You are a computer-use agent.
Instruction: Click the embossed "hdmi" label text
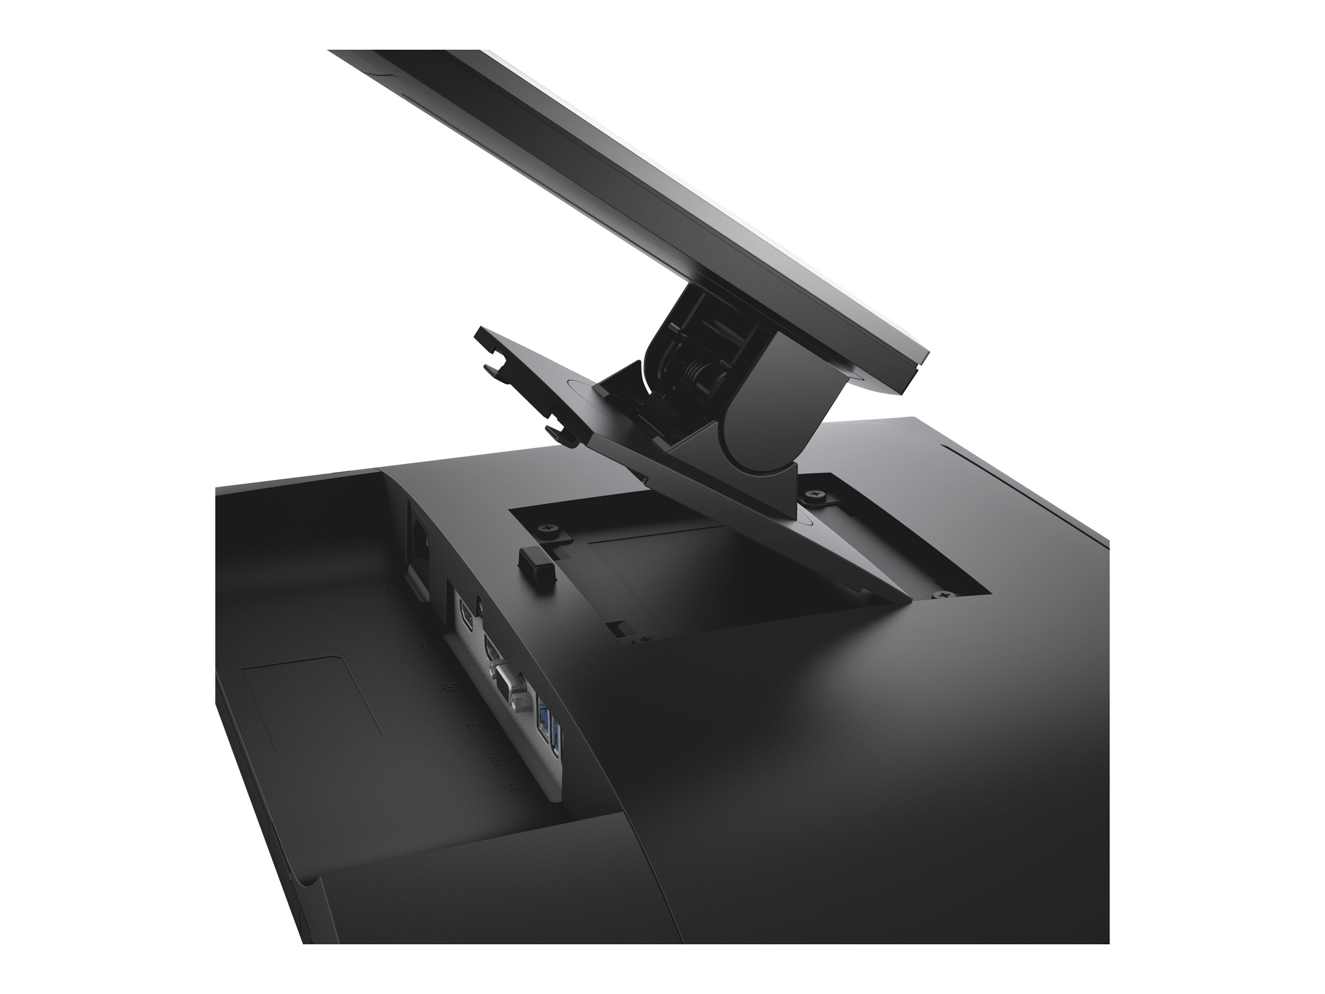point(426,648)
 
